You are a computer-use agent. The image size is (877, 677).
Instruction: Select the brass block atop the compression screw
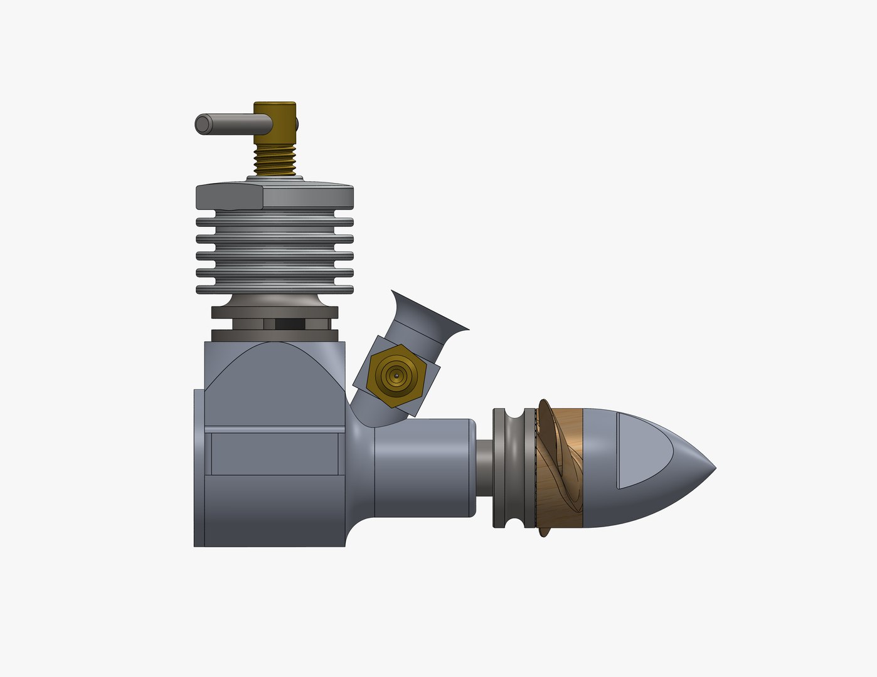tap(274, 123)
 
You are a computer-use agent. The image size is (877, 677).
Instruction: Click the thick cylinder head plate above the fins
tap(274, 196)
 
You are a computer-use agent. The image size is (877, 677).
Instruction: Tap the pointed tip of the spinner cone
tap(712, 468)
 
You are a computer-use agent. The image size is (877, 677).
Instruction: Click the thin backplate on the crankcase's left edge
tap(198, 467)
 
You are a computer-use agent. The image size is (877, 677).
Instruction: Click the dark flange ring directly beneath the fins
tap(274, 312)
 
